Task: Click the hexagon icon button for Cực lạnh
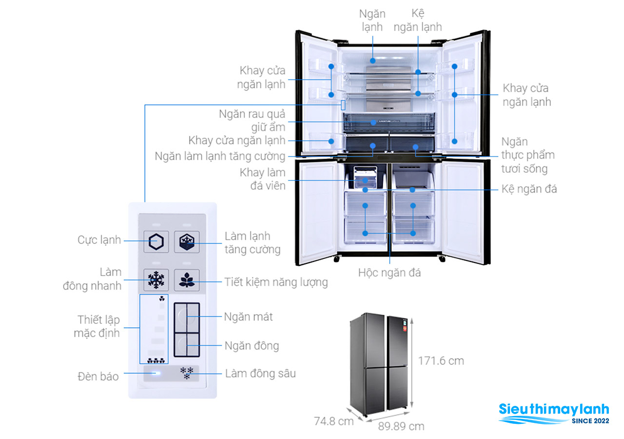156,241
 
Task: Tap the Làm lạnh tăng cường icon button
187,241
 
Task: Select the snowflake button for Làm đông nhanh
156,280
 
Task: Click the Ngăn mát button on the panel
187,317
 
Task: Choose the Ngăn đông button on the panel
187,345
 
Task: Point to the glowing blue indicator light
156,374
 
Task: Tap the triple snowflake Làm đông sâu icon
187,374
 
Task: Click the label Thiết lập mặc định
98,326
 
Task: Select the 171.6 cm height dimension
441,361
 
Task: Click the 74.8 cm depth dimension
333,421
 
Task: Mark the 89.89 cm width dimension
401,426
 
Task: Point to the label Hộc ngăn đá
390,273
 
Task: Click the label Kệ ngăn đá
529,189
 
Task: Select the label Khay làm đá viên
262,179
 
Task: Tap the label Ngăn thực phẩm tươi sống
528,155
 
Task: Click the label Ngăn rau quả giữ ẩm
252,121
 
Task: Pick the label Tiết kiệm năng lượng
276,282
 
